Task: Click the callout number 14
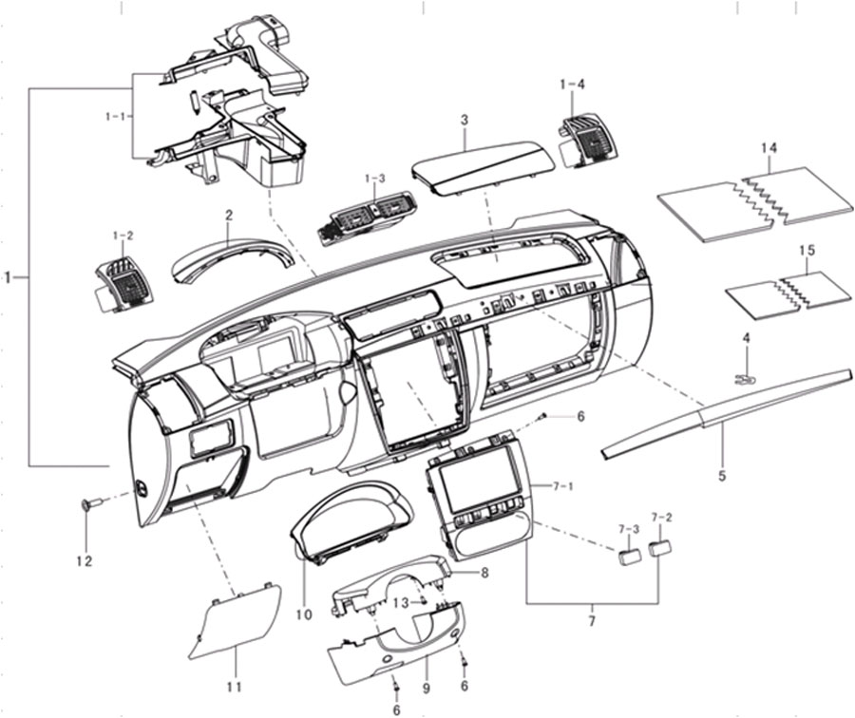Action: pyautogui.click(x=769, y=149)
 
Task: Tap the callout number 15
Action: pyautogui.click(x=807, y=250)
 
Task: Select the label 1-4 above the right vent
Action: pyautogui.click(x=572, y=85)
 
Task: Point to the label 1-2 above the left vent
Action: pyautogui.click(x=123, y=219)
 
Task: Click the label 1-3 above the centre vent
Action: pyautogui.click(x=374, y=179)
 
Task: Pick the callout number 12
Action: pyautogui.click(x=85, y=560)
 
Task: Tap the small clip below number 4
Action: pyautogui.click(x=744, y=378)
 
